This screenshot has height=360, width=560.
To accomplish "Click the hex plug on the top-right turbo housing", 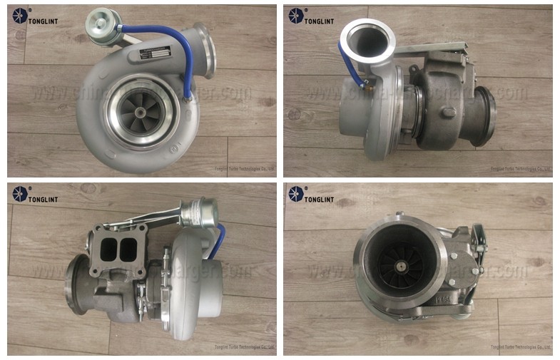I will (x=447, y=113).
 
